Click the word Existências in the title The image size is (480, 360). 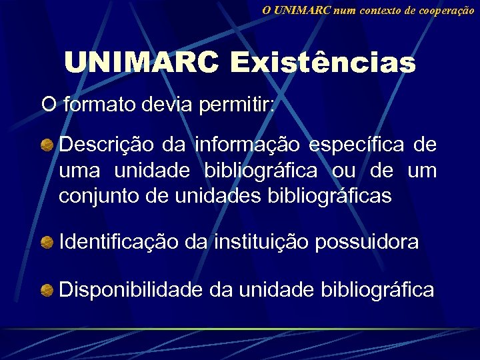pos(323,64)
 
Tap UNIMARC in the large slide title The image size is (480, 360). pos(141,64)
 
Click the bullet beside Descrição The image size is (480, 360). pos(47,145)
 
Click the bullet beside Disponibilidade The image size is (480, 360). pos(47,290)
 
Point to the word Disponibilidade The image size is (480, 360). pos(131,290)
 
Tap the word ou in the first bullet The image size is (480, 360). pos(345,171)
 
